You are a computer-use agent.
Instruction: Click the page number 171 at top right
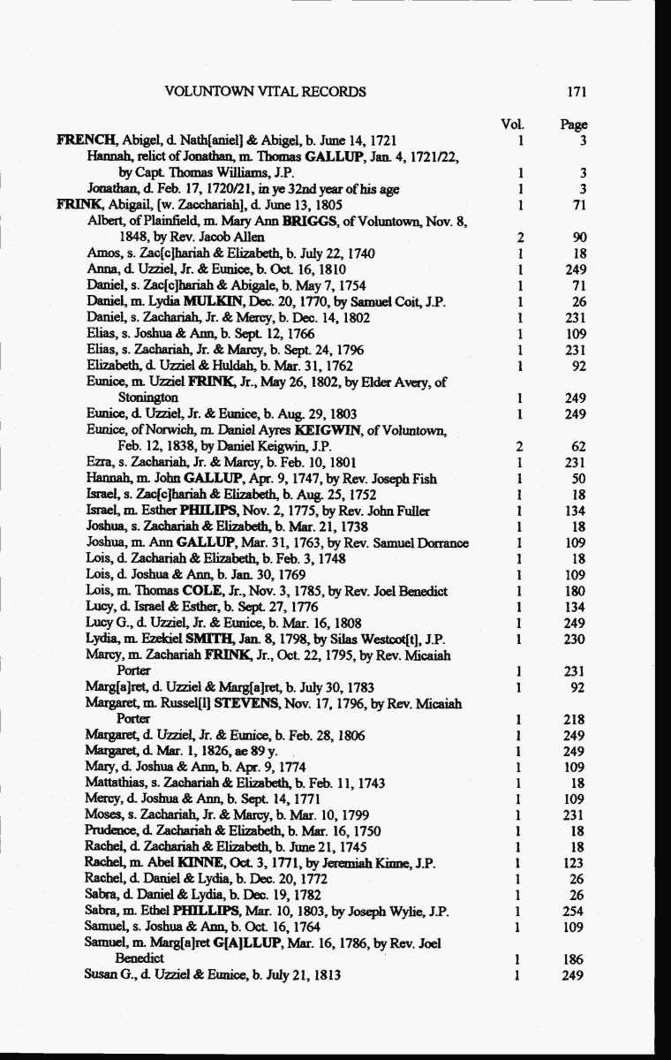577,91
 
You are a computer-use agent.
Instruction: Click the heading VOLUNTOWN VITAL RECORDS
266,91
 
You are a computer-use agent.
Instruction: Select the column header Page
574,125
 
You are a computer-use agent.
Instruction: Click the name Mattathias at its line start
115,783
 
